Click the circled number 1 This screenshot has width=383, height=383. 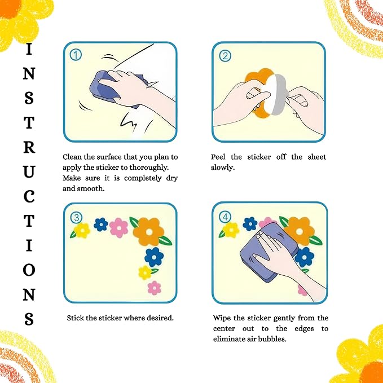(76, 55)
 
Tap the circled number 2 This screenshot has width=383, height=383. (225, 56)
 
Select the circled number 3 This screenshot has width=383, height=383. (77, 217)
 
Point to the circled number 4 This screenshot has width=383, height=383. (225, 217)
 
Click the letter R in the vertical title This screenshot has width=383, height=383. (29, 147)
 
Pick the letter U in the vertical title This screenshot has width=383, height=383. (29, 171)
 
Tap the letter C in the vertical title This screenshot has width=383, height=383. (29, 196)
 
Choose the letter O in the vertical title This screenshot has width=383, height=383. (29, 270)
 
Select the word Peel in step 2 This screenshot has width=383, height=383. (218, 157)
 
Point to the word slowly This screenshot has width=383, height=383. (223, 168)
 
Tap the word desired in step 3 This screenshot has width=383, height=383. (160, 318)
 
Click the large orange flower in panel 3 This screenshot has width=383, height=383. (148, 232)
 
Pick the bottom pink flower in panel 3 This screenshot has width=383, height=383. (155, 288)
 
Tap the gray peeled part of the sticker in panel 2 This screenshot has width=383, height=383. (279, 95)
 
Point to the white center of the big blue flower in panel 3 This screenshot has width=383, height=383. (154, 257)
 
